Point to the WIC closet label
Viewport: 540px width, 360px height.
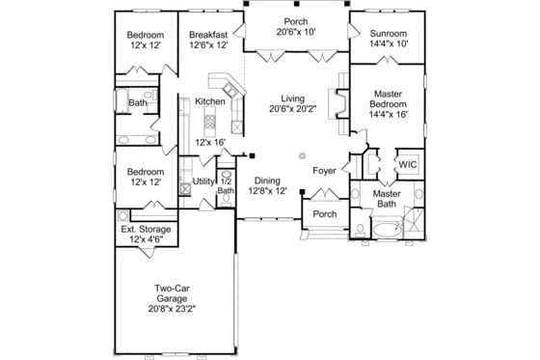[407, 164]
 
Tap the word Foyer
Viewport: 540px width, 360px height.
[325, 171]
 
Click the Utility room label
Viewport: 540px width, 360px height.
[203, 180]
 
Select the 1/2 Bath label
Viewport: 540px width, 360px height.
[226, 185]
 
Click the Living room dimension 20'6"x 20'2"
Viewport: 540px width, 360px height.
[292, 110]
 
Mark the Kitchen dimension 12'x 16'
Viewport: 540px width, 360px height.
[210, 142]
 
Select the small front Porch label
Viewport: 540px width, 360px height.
[325, 214]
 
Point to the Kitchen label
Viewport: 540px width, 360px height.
[210, 101]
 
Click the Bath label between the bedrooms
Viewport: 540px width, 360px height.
[138, 102]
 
